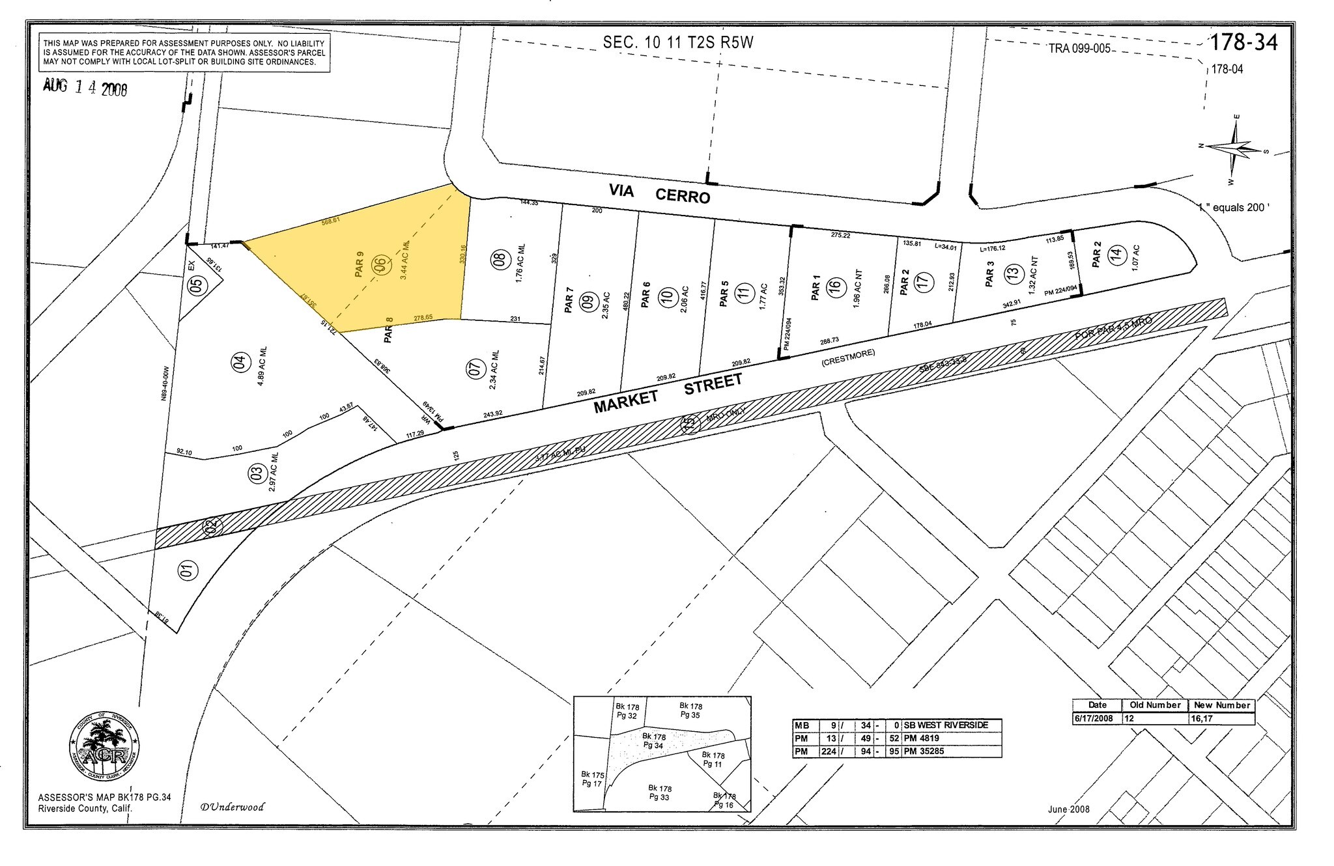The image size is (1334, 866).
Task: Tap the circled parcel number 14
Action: (1116, 255)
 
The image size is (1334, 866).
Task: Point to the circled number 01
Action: (187, 571)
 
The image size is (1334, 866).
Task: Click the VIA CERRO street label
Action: (659, 193)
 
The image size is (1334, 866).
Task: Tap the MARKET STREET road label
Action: (668, 393)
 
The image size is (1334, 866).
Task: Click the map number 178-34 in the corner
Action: (1243, 43)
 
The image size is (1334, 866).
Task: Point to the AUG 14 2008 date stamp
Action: (85, 87)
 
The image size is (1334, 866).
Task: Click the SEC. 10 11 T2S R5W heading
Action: (677, 43)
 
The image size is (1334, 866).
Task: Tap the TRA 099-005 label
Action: (1079, 49)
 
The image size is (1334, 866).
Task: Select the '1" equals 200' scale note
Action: (1232, 208)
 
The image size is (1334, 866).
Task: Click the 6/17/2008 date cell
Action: (1097, 718)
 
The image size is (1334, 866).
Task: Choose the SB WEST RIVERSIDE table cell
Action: (946, 725)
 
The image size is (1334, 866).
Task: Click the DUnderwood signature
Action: (233, 807)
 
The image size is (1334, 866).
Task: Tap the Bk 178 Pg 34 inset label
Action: (653, 740)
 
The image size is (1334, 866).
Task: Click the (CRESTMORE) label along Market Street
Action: (848, 357)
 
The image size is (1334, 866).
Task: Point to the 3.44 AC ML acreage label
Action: (404, 260)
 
